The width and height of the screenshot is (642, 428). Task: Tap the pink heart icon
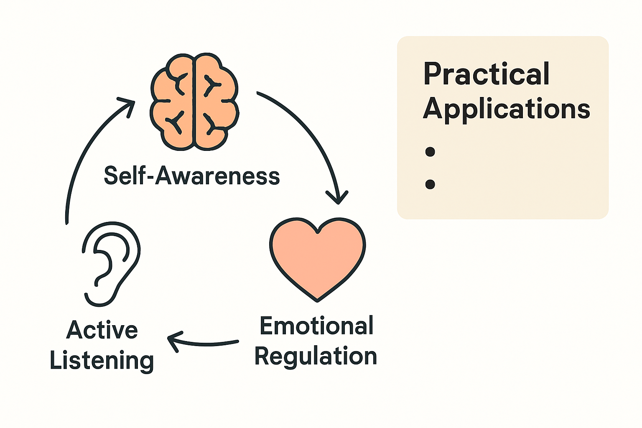click(x=317, y=257)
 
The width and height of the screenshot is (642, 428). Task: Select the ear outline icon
click(x=111, y=263)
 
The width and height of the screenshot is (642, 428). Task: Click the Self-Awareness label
click(x=192, y=176)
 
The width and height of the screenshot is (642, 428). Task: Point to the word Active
click(x=102, y=330)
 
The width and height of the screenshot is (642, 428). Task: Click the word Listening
click(x=102, y=360)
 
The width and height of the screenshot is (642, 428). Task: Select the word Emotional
click(x=316, y=326)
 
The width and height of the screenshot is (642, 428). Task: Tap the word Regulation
click(x=316, y=356)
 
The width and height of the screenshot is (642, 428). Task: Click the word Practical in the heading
click(x=486, y=74)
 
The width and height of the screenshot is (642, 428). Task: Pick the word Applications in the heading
click(x=507, y=109)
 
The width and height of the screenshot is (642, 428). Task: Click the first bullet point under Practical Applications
click(x=430, y=151)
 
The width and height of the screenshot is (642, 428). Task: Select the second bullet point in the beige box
click(x=430, y=184)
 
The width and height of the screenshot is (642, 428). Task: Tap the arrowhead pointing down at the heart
click(x=337, y=198)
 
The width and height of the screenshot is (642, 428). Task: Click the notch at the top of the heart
click(x=318, y=231)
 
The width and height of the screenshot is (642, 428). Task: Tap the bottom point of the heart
click(x=318, y=300)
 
